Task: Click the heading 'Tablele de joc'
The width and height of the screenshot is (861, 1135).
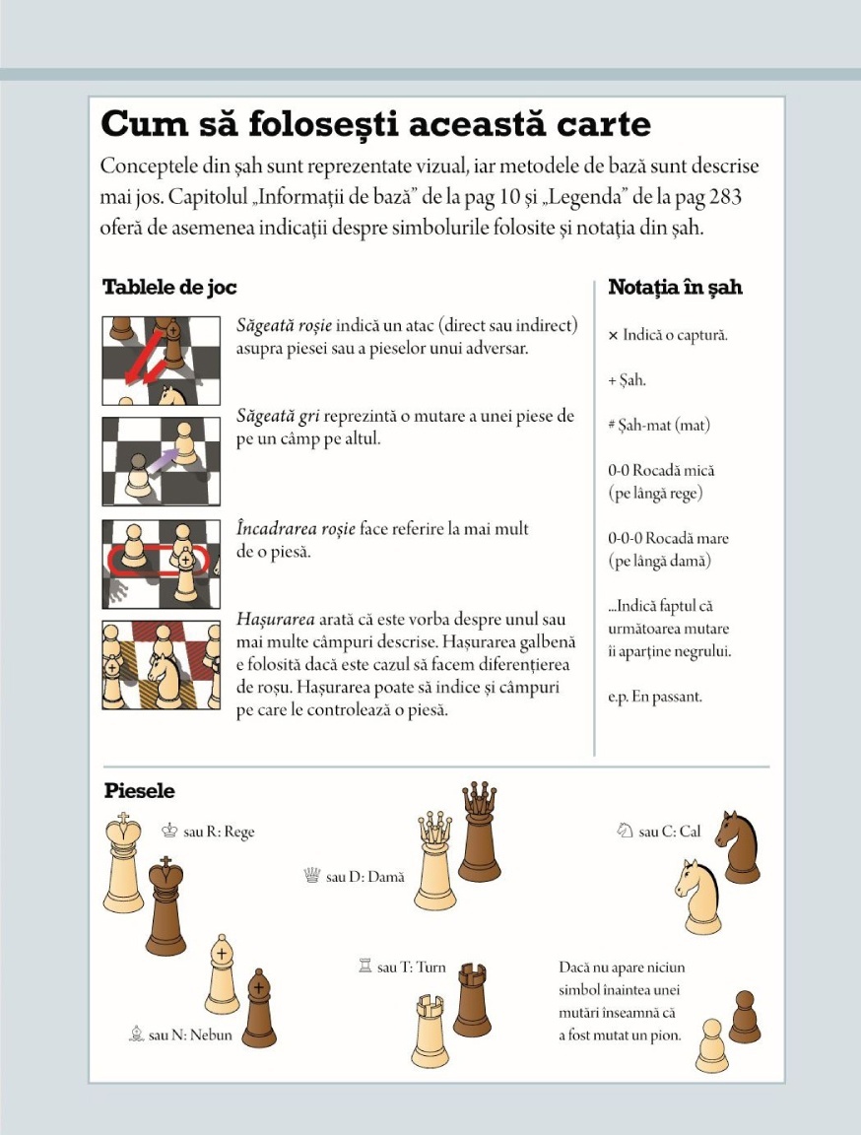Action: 169,288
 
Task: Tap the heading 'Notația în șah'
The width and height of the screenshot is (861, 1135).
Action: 675,288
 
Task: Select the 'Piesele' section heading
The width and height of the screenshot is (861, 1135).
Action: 139,791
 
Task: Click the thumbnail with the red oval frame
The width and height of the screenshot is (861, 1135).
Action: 161,565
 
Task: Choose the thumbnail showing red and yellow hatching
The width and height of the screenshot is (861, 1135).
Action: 161,665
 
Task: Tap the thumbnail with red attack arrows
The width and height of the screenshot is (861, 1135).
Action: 161,361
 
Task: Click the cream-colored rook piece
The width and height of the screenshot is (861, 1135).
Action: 430,1032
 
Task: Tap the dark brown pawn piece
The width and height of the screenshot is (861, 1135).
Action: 744,1017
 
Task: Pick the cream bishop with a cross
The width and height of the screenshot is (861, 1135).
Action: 223,974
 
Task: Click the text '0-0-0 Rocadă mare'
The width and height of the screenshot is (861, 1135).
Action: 669,539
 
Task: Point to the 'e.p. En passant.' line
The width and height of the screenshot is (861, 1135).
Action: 654,697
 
